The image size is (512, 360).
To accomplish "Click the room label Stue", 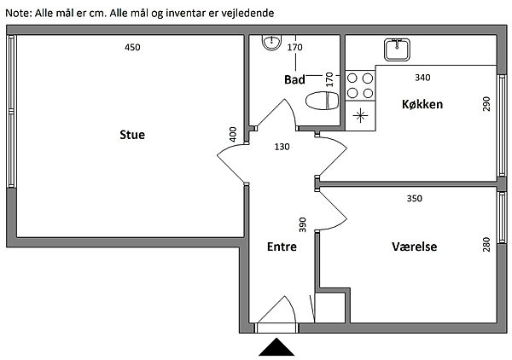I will [132, 135].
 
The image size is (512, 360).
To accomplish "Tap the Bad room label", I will [294, 79].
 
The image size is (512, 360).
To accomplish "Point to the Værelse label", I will [414, 247].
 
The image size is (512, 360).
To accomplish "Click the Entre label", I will [282, 247].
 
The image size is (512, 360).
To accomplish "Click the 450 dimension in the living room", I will [132, 48].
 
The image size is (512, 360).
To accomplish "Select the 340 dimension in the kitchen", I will [422, 78].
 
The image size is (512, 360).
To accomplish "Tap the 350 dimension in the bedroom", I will [414, 199].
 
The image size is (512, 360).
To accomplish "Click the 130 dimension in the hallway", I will [282, 147].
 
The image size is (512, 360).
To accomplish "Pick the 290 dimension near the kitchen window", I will [486, 104].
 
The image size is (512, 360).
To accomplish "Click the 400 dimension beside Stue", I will [233, 135].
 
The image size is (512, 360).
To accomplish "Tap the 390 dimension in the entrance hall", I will [302, 225].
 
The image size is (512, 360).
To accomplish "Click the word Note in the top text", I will [18, 12].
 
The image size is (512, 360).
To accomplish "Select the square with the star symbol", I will [360, 114].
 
